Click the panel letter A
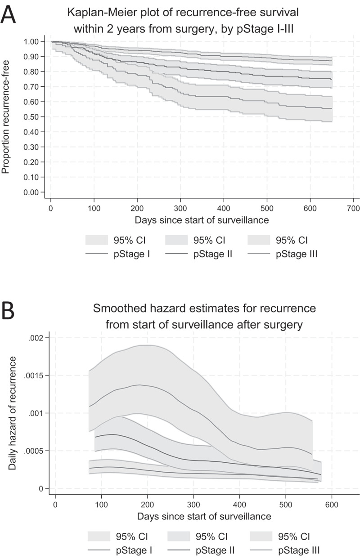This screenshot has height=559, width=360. [9, 14]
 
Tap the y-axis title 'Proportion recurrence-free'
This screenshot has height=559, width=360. [6, 117]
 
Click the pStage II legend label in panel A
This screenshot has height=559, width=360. [212, 255]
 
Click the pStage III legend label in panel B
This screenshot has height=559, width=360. [299, 549]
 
